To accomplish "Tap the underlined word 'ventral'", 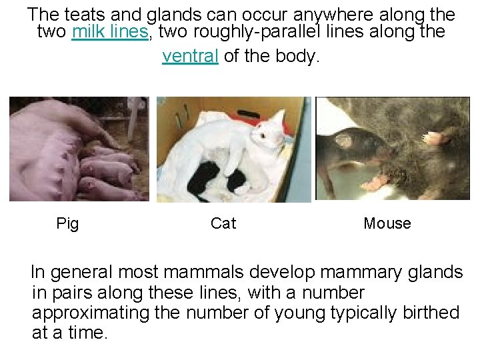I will [x=191, y=56].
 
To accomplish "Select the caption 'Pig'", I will [x=67, y=224].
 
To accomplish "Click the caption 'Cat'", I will [x=223, y=224].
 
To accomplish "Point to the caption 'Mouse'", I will [x=387, y=224].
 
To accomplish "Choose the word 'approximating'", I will [x=91, y=313].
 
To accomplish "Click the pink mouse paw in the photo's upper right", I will [x=436, y=139].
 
